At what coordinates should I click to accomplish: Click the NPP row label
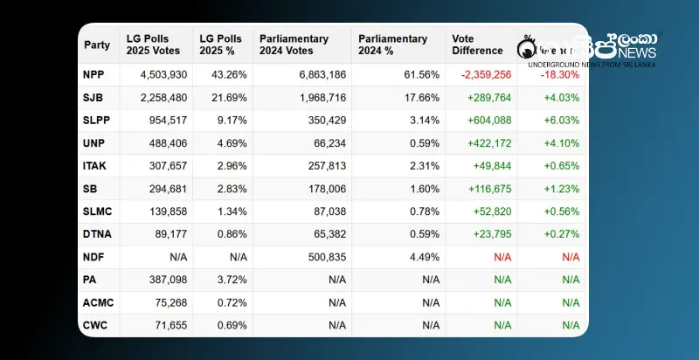click(93, 75)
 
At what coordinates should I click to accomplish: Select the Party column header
click(97, 45)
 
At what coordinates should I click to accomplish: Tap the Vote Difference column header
click(477, 45)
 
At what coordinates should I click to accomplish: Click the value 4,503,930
click(163, 75)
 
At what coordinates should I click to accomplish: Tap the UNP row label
click(93, 143)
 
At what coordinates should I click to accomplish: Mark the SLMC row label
click(97, 211)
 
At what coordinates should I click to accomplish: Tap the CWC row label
click(95, 325)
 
